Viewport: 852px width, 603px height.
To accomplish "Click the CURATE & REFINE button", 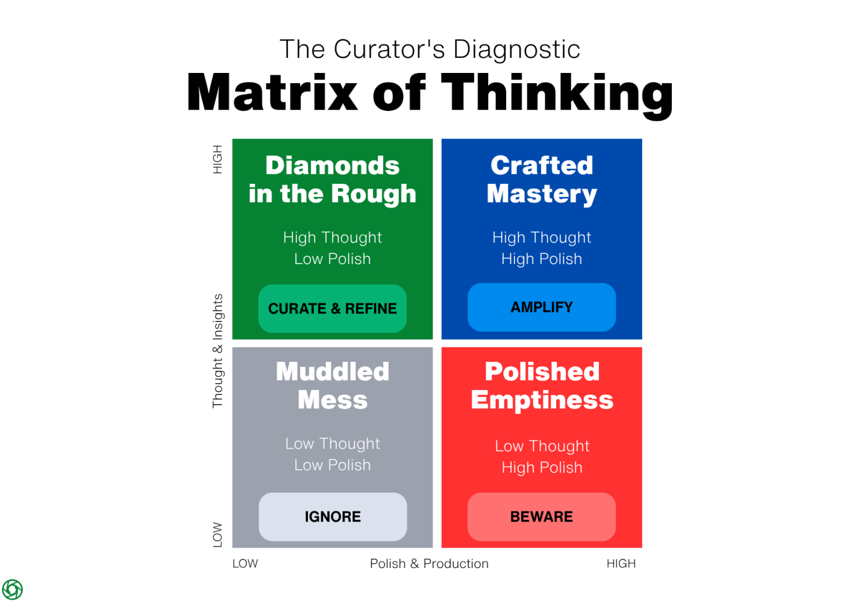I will (333, 309).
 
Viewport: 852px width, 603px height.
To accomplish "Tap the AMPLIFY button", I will (542, 308).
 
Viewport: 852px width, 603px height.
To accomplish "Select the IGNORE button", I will (333, 517).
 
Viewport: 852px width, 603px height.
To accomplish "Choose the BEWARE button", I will (542, 517).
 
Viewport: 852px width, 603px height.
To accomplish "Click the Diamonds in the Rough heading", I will (333, 180).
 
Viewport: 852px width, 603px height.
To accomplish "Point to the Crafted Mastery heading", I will (542, 180).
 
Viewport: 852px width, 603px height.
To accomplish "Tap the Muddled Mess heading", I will (333, 386).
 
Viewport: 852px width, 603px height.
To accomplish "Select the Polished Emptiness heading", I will (542, 386).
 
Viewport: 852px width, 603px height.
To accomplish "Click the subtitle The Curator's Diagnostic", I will (430, 49).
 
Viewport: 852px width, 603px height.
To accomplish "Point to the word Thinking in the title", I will (557, 93).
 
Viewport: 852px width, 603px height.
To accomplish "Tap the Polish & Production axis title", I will (429, 564).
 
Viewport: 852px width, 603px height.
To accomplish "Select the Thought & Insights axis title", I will (218, 351).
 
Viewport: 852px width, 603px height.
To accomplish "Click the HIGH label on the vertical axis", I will (218, 159).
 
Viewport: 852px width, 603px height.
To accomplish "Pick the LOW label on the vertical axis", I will (218, 535).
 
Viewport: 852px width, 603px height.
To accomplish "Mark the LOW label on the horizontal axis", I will (245, 564).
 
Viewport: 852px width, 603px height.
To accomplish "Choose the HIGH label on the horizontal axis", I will (621, 564).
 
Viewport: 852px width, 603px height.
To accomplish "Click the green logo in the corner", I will (13, 589).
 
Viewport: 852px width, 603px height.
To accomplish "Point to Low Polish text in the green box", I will (333, 259).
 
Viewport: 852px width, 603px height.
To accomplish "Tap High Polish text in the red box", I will (542, 468).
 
